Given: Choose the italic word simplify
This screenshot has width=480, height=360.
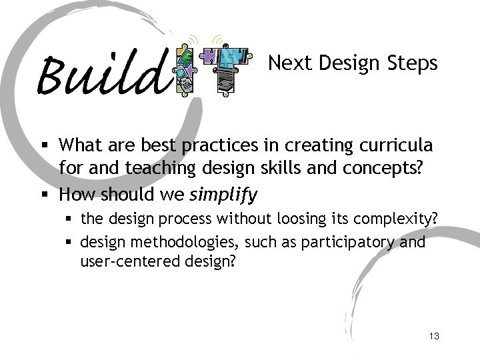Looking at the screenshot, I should tap(224, 195).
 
